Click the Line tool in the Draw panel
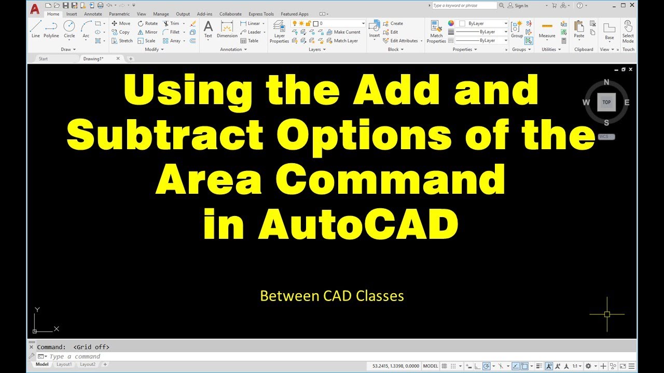(35, 29)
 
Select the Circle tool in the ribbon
(69, 29)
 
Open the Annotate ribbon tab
(93, 14)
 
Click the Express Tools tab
(261, 14)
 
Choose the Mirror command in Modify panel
(147, 32)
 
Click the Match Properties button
(436, 31)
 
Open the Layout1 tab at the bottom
(64, 365)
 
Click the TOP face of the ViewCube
(606, 103)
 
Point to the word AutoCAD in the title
(331, 224)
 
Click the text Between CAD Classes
(331, 296)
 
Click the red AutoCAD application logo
(34, 9)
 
